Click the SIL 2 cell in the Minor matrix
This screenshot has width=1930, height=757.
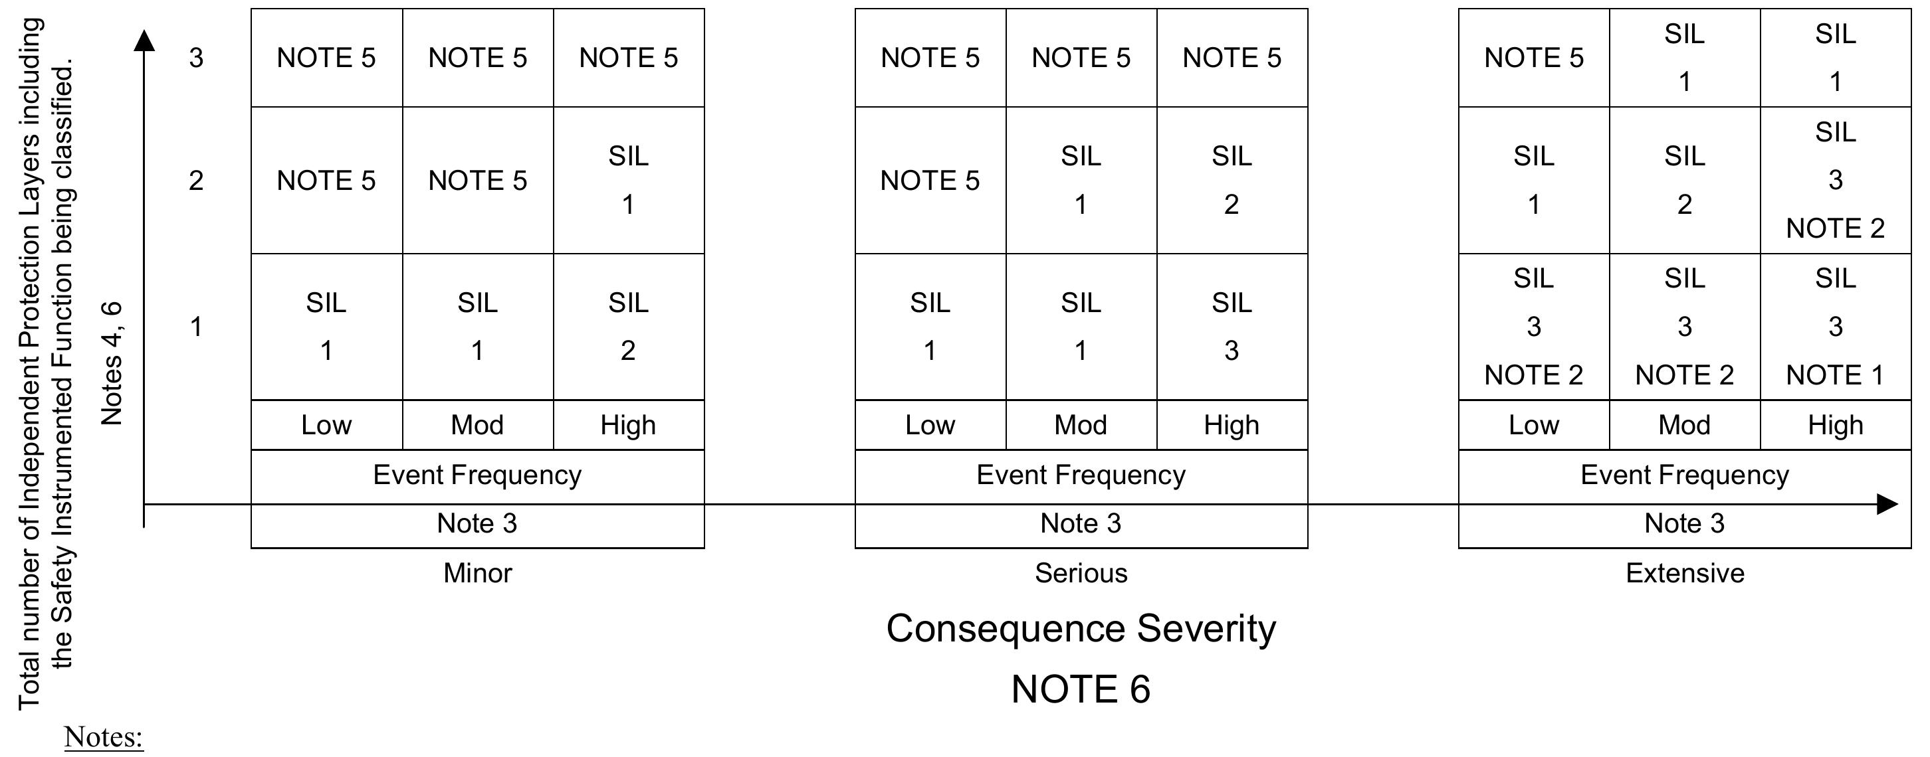[628, 327]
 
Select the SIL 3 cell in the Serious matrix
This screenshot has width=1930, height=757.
[1231, 327]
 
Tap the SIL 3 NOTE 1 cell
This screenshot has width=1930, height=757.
[1835, 327]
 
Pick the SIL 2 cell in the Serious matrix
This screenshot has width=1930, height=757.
[1231, 180]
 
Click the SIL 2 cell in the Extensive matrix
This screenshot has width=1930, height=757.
[1684, 180]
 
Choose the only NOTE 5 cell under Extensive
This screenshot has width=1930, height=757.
[1534, 58]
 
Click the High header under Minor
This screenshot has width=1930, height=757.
[628, 425]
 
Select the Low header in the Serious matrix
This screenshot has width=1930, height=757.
[930, 425]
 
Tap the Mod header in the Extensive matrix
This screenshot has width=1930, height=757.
[1684, 425]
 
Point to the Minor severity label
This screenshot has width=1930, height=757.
[477, 574]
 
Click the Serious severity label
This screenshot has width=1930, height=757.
[1081, 574]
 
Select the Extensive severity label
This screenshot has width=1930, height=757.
[1684, 574]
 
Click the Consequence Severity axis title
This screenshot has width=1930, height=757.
[1081, 628]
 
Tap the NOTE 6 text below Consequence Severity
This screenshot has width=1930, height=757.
[1081, 689]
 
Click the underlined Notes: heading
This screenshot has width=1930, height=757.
[104, 738]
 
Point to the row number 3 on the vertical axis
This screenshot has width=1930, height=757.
[195, 58]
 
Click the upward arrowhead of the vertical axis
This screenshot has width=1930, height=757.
[144, 41]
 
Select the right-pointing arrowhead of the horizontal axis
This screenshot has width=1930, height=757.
[1887, 504]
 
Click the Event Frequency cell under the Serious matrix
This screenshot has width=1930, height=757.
[1081, 475]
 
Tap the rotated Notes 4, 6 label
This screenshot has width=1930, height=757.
[111, 363]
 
